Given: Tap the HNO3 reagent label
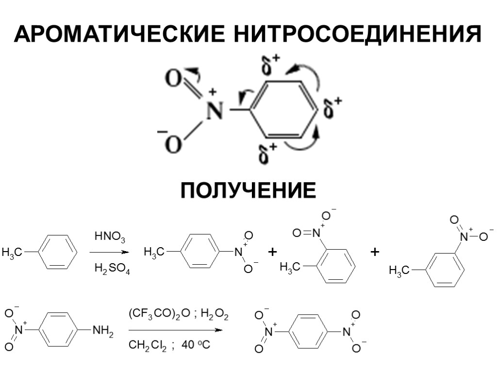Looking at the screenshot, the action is pyautogui.click(x=110, y=237).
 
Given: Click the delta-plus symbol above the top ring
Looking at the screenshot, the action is pyautogui.click(x=271, y=66).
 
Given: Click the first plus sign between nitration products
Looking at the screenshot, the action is pyautogui.click(x=272, y=252).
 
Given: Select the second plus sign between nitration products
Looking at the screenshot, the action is pyautogui.click(x=374, y=252).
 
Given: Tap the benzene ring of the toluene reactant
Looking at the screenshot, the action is pyautogui.click(x=57, y=252).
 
